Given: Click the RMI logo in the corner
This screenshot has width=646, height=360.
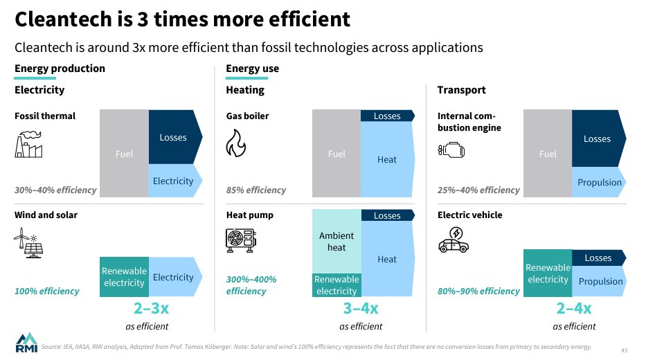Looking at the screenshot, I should click(26, 342).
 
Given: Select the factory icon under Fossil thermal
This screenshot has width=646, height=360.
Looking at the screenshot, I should click(29, 145).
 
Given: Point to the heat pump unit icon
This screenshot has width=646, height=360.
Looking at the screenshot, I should click(240, 240).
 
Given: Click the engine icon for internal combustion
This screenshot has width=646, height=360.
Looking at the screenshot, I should click(451, 149).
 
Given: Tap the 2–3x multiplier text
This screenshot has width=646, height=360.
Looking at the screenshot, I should click(151, 309).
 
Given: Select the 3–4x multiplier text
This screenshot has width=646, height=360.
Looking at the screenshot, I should click(361, 309).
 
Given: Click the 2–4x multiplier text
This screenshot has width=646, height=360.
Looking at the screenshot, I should click(574, 309).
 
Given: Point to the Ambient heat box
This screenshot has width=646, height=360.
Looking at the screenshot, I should click(337, 242).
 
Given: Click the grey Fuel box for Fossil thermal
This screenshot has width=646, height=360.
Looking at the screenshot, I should click(124, 154).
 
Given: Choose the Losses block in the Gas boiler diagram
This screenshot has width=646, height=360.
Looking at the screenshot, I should click(387, 116).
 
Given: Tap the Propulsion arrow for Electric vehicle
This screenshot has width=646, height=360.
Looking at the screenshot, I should click(600, 281).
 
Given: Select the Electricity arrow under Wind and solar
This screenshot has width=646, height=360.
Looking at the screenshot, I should click(173, 277).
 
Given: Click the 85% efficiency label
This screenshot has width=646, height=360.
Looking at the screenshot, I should click(256, 190).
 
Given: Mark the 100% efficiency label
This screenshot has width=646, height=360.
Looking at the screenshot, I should click(47, 291).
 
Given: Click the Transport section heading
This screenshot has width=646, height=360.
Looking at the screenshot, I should click(461, 90).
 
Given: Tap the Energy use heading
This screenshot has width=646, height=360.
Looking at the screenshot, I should click(252, 69).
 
